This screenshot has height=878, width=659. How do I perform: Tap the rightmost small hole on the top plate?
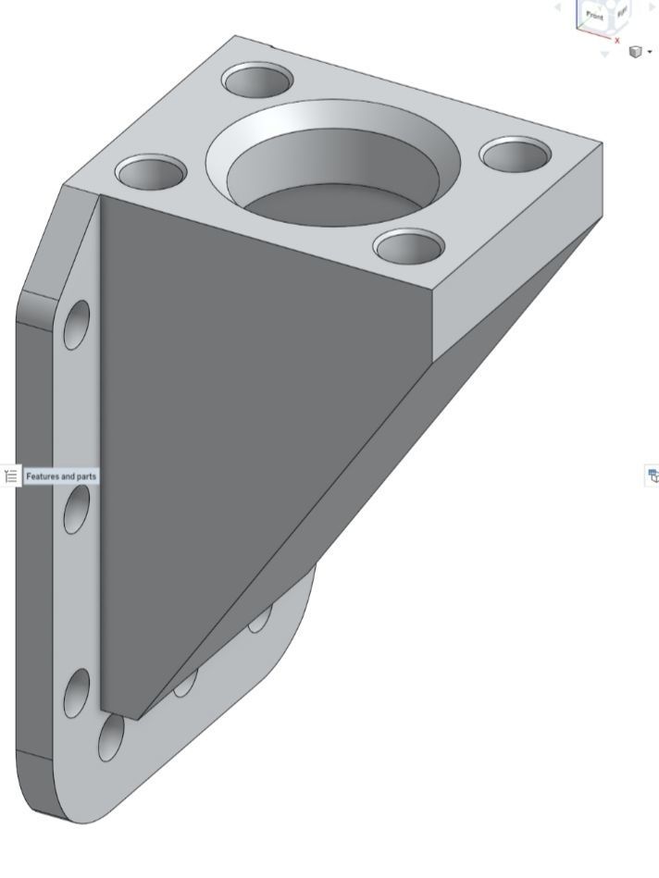coord(516,155)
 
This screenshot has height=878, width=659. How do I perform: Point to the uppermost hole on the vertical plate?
coord(77,326)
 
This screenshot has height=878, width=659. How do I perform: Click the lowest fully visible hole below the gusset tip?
coord(111,736)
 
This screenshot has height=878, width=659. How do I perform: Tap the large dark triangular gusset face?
coord(241,416)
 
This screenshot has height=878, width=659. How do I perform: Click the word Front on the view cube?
coord(594,16)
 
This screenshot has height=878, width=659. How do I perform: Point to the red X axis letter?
coord(617,41)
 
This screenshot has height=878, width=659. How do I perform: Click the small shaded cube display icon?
coord(635,52)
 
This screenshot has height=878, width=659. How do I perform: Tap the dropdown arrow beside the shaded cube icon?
coord(650,53)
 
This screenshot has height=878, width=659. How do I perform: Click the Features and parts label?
coord(61,476)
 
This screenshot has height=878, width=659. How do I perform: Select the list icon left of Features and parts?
coord(11,476)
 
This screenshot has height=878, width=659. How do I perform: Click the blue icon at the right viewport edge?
coord(653,476)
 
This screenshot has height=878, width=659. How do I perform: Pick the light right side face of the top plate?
coord(518,268)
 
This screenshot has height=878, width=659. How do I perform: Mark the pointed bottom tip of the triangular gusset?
coord(139,718)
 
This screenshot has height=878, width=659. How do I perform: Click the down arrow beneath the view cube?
coord(605,55)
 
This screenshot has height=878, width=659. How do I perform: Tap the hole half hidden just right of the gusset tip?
coord(184,683)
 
